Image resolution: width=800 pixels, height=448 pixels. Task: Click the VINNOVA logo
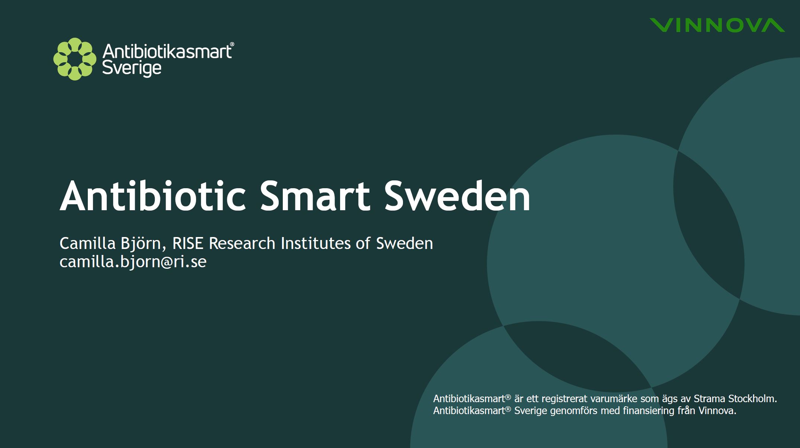[x=717, y=25]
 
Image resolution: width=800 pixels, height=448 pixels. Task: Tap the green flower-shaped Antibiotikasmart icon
[x=75, y=59]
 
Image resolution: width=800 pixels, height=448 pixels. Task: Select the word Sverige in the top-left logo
[x=132, y=69]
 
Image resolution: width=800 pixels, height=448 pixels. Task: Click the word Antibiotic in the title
[x=153, y=196]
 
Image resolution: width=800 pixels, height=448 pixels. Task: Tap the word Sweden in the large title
[x=457, y=196]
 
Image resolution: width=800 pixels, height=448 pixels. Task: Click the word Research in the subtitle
[x=242, y=243]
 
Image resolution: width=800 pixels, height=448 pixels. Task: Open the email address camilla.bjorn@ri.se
[x=133, y=262]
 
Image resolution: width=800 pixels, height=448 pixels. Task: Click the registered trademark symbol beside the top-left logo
[x=232, y=44]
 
